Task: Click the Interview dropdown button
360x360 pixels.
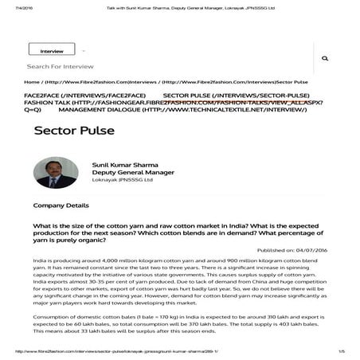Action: [53, 50]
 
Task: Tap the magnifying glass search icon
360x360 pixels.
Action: [325, 59]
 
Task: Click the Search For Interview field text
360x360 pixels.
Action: [54, 67]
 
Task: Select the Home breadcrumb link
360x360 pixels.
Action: [32, 82]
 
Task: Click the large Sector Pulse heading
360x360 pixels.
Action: [66, 130]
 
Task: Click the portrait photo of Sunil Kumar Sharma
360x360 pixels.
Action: [56, 172]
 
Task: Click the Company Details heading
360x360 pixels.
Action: [61, 205]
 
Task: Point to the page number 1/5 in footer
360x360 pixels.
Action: [342, 351]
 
